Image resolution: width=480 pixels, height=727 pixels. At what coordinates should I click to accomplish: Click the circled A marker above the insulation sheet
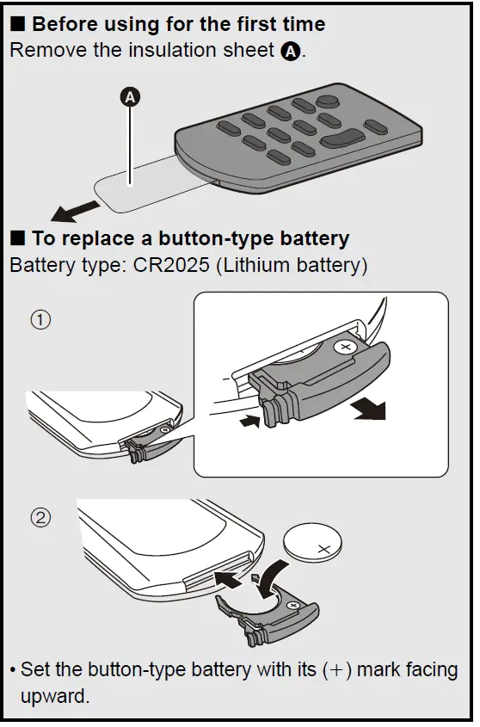[130, 97]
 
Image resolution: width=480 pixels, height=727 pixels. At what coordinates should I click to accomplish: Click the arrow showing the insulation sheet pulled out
[75, 211]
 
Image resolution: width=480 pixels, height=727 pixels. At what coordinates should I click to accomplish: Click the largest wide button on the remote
[342, 138]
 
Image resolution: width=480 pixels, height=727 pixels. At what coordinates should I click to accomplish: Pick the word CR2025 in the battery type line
[171, 265]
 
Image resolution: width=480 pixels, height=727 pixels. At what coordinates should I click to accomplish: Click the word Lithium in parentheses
[257, 265]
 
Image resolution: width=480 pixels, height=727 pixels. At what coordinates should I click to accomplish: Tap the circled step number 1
[40, 320]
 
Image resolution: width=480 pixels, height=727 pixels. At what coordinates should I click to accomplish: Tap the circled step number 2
[40, 517]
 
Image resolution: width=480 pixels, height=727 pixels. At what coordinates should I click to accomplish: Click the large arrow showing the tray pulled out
[370, 410]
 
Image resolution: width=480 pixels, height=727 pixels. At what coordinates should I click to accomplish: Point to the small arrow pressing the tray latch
[249, 421]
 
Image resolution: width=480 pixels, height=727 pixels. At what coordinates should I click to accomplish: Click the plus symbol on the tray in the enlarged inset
[345, 348]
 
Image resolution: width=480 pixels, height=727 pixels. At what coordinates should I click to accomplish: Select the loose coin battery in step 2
[312, 544]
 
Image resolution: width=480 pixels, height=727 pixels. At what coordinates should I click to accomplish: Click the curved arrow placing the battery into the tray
[272, 577]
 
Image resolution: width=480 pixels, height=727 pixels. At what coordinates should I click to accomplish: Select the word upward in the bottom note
[55, 697]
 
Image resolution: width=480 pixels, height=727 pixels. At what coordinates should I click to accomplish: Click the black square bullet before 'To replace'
[17, 237]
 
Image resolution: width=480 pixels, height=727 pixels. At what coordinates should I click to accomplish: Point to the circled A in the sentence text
[291, 51]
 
